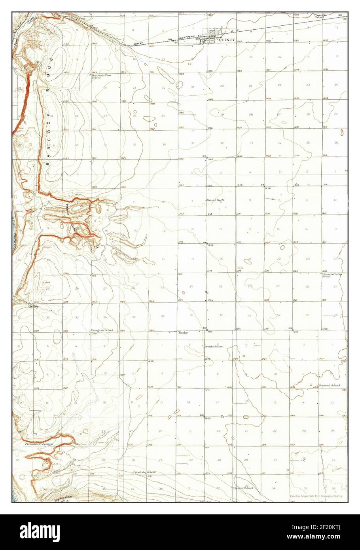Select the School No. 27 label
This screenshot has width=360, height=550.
point(216,200)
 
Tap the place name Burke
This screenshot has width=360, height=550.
point(183,333)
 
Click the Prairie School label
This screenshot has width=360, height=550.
point(214,347)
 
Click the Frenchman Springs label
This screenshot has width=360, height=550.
point(39,444)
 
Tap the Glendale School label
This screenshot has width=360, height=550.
point(144,472)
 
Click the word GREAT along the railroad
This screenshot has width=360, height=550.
point(138,44)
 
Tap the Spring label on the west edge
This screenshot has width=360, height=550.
point(33,306)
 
